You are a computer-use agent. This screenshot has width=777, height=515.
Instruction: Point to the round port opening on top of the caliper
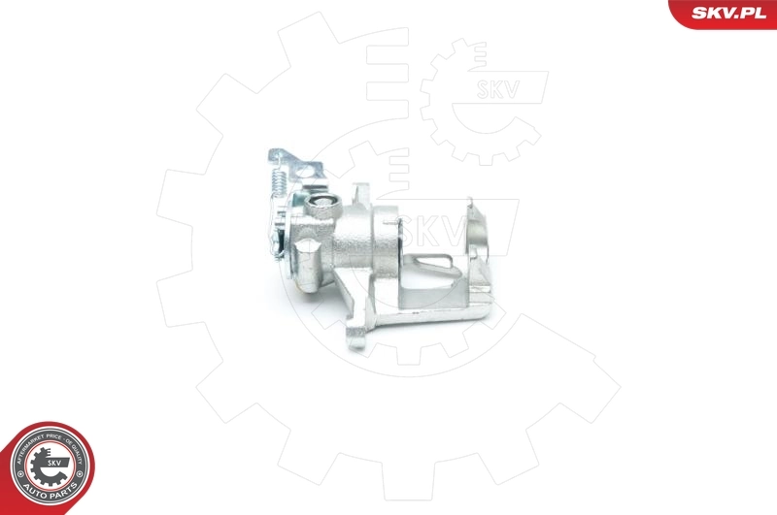coord(322,206)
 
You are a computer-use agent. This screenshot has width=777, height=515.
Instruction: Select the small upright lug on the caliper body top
coord(358,194)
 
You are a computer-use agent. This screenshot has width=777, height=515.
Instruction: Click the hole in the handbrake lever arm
coord(280,155)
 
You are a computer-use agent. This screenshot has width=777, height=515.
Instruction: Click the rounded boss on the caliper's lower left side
coord(304,260)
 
